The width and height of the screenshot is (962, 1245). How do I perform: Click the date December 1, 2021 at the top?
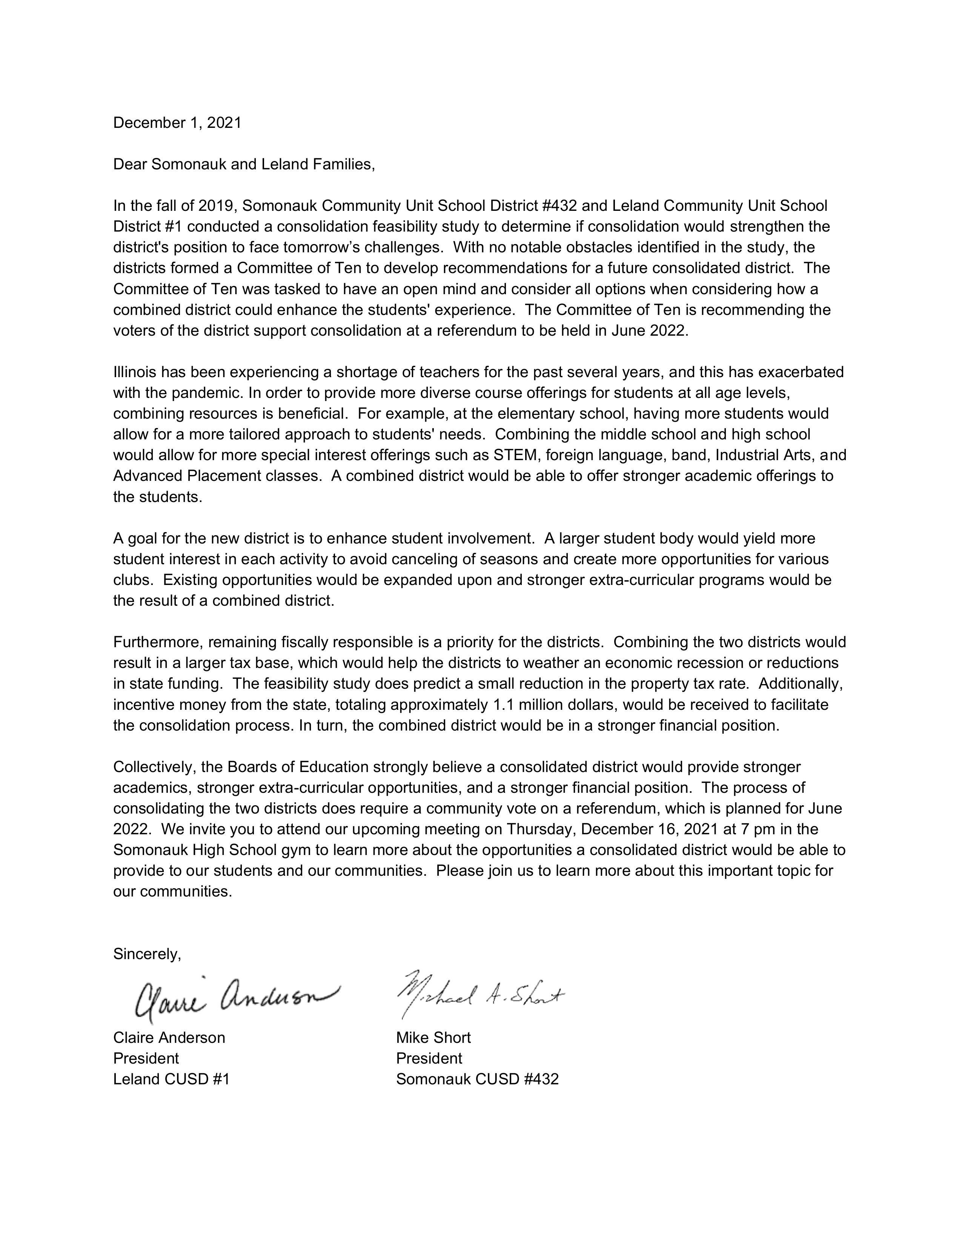click(x=177, y=123)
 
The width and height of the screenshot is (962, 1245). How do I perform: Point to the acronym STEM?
click(x=513, y=456)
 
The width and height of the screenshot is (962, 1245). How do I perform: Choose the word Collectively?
click(x=155, y=767)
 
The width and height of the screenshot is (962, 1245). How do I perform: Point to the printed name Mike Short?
click(x=433, y=1038)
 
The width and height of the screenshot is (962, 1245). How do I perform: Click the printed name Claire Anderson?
click(x=169, y=1038)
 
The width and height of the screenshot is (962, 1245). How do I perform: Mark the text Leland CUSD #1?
click(x=171, y=1079)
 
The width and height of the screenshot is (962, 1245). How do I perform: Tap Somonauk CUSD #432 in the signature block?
click(x=477, y=1079)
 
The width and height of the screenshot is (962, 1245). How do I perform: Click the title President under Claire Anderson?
click(x=146, y=1059)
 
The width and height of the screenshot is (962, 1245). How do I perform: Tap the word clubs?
click(x=132, y=580)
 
